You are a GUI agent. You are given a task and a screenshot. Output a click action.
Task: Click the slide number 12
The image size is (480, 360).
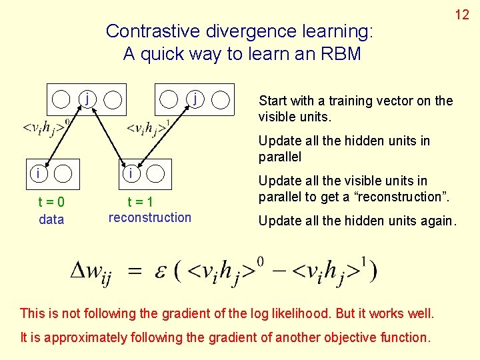[462, 14]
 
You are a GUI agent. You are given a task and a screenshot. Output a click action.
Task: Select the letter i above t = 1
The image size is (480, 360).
[131, 173]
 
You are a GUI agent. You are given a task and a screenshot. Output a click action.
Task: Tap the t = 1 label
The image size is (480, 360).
[141, 202]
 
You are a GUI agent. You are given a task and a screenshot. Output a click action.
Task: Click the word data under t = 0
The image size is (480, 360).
[51, 219]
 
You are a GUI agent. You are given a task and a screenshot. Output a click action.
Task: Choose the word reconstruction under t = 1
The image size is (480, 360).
[149, 217]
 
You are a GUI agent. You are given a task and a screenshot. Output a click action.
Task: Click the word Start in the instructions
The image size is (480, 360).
[273, 101]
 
